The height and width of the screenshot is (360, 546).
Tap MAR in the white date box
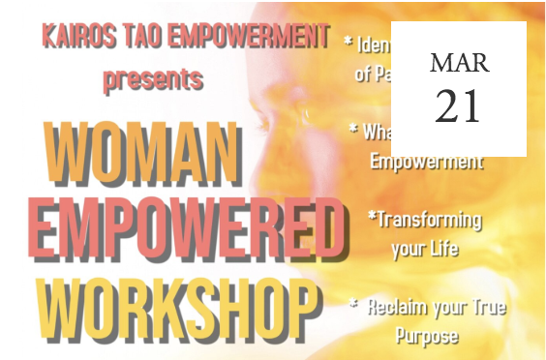(459, 64)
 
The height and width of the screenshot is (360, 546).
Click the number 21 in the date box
(459, 105)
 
